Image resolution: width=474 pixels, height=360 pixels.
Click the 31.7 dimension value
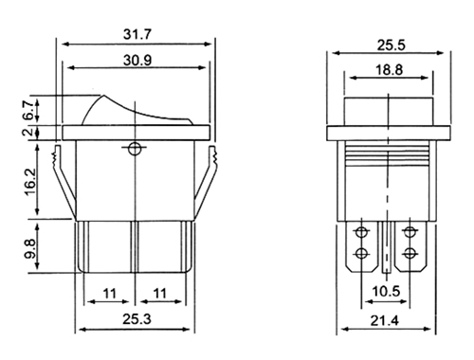pyautogui.click(x=137, y=34)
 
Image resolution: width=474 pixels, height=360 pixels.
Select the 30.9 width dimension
pyautogui.click(x=137, y=60)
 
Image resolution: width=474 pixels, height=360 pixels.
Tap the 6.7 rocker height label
pyautogui.click(x=27, y=110)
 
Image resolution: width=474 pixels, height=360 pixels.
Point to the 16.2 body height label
pyautogui.click(x=30, y=182)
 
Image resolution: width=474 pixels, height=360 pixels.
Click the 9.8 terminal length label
pyautogui.click(x=30, y=249)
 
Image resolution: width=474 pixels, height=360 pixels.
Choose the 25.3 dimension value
pyautogui.click(x=137, y=319)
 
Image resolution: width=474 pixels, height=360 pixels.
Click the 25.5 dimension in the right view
pyautogui.click(x=391, y=45)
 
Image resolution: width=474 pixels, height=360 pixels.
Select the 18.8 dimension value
pyautogui.click(x=389, y=69)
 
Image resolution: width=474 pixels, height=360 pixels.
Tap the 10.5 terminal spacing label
pyautogui.click(x=386, y=291)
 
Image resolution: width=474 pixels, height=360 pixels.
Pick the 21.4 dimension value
pyautogui.click(x=385, y=321)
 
